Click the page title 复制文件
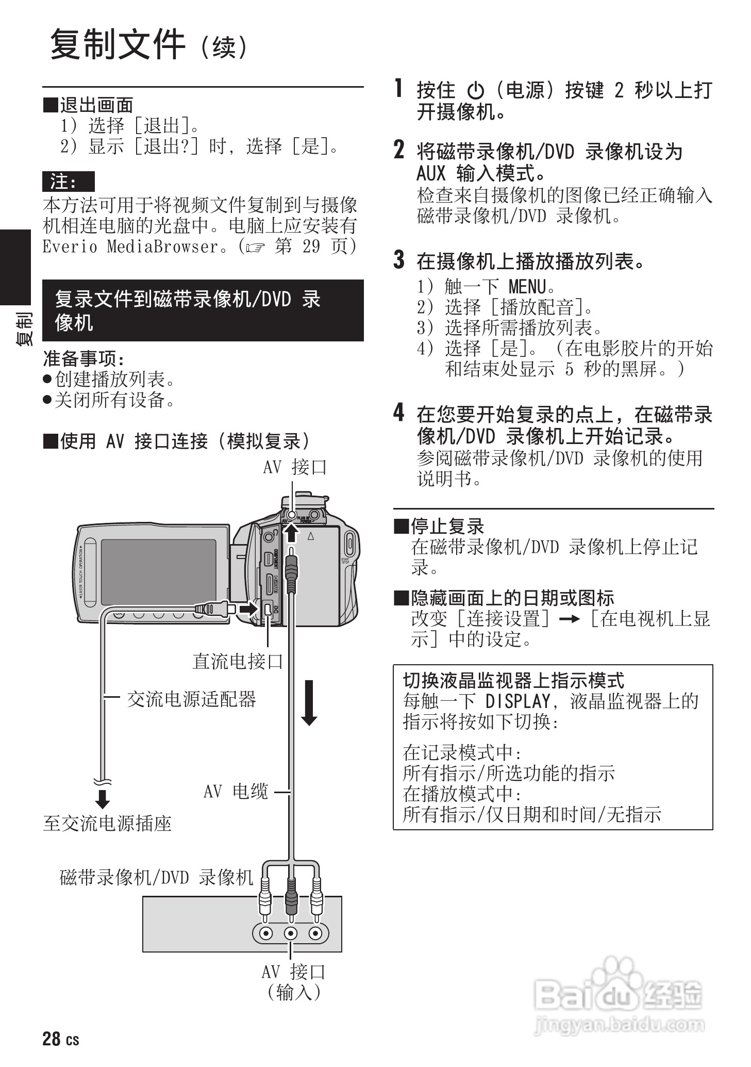tap(118, 45)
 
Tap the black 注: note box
tap(68, 182)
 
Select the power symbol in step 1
tap(475, 91)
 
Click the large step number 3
tap(399, 260)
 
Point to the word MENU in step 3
tap(526, 286)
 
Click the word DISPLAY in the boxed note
tap(518, 701)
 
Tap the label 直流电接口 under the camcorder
tap(238, 661)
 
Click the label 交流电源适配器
tap(191, 699)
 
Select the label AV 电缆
tap(236, 792)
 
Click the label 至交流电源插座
tap(107, 824)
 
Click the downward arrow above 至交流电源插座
tap(103, 799)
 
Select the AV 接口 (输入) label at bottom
tap(294, 982)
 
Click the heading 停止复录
tap(447, 527)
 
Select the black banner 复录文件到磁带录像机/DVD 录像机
tap(203, 310)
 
